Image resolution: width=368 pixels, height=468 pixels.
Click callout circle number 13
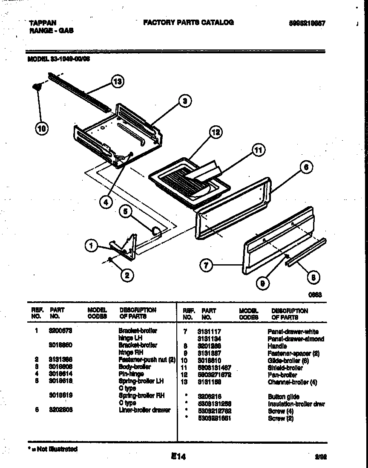click(118, 82)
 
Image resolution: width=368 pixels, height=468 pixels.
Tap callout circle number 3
click(184, 101)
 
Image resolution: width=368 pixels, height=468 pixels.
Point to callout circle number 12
click(216, 132)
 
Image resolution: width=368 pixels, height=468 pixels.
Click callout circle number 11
click(258, 150)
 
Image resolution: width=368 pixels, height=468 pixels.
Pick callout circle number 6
click(306, 168)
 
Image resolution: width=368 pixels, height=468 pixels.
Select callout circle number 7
click(206, 266)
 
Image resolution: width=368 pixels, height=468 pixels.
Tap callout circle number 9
click(263, 282)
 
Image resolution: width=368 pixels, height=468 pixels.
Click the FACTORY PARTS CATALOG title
click(188, 23)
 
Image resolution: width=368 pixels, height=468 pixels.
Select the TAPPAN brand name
click(43, 23)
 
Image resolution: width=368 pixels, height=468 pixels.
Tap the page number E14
click(178, 456)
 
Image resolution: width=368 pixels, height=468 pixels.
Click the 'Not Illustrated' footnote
click(53, 449)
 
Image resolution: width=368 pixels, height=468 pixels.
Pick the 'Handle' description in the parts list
click(277, 346)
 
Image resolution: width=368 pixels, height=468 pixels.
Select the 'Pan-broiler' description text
click(282, 375)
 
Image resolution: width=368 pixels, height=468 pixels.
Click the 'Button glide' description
click(284, 396)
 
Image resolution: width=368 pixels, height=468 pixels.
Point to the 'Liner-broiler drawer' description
click(144, 410)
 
